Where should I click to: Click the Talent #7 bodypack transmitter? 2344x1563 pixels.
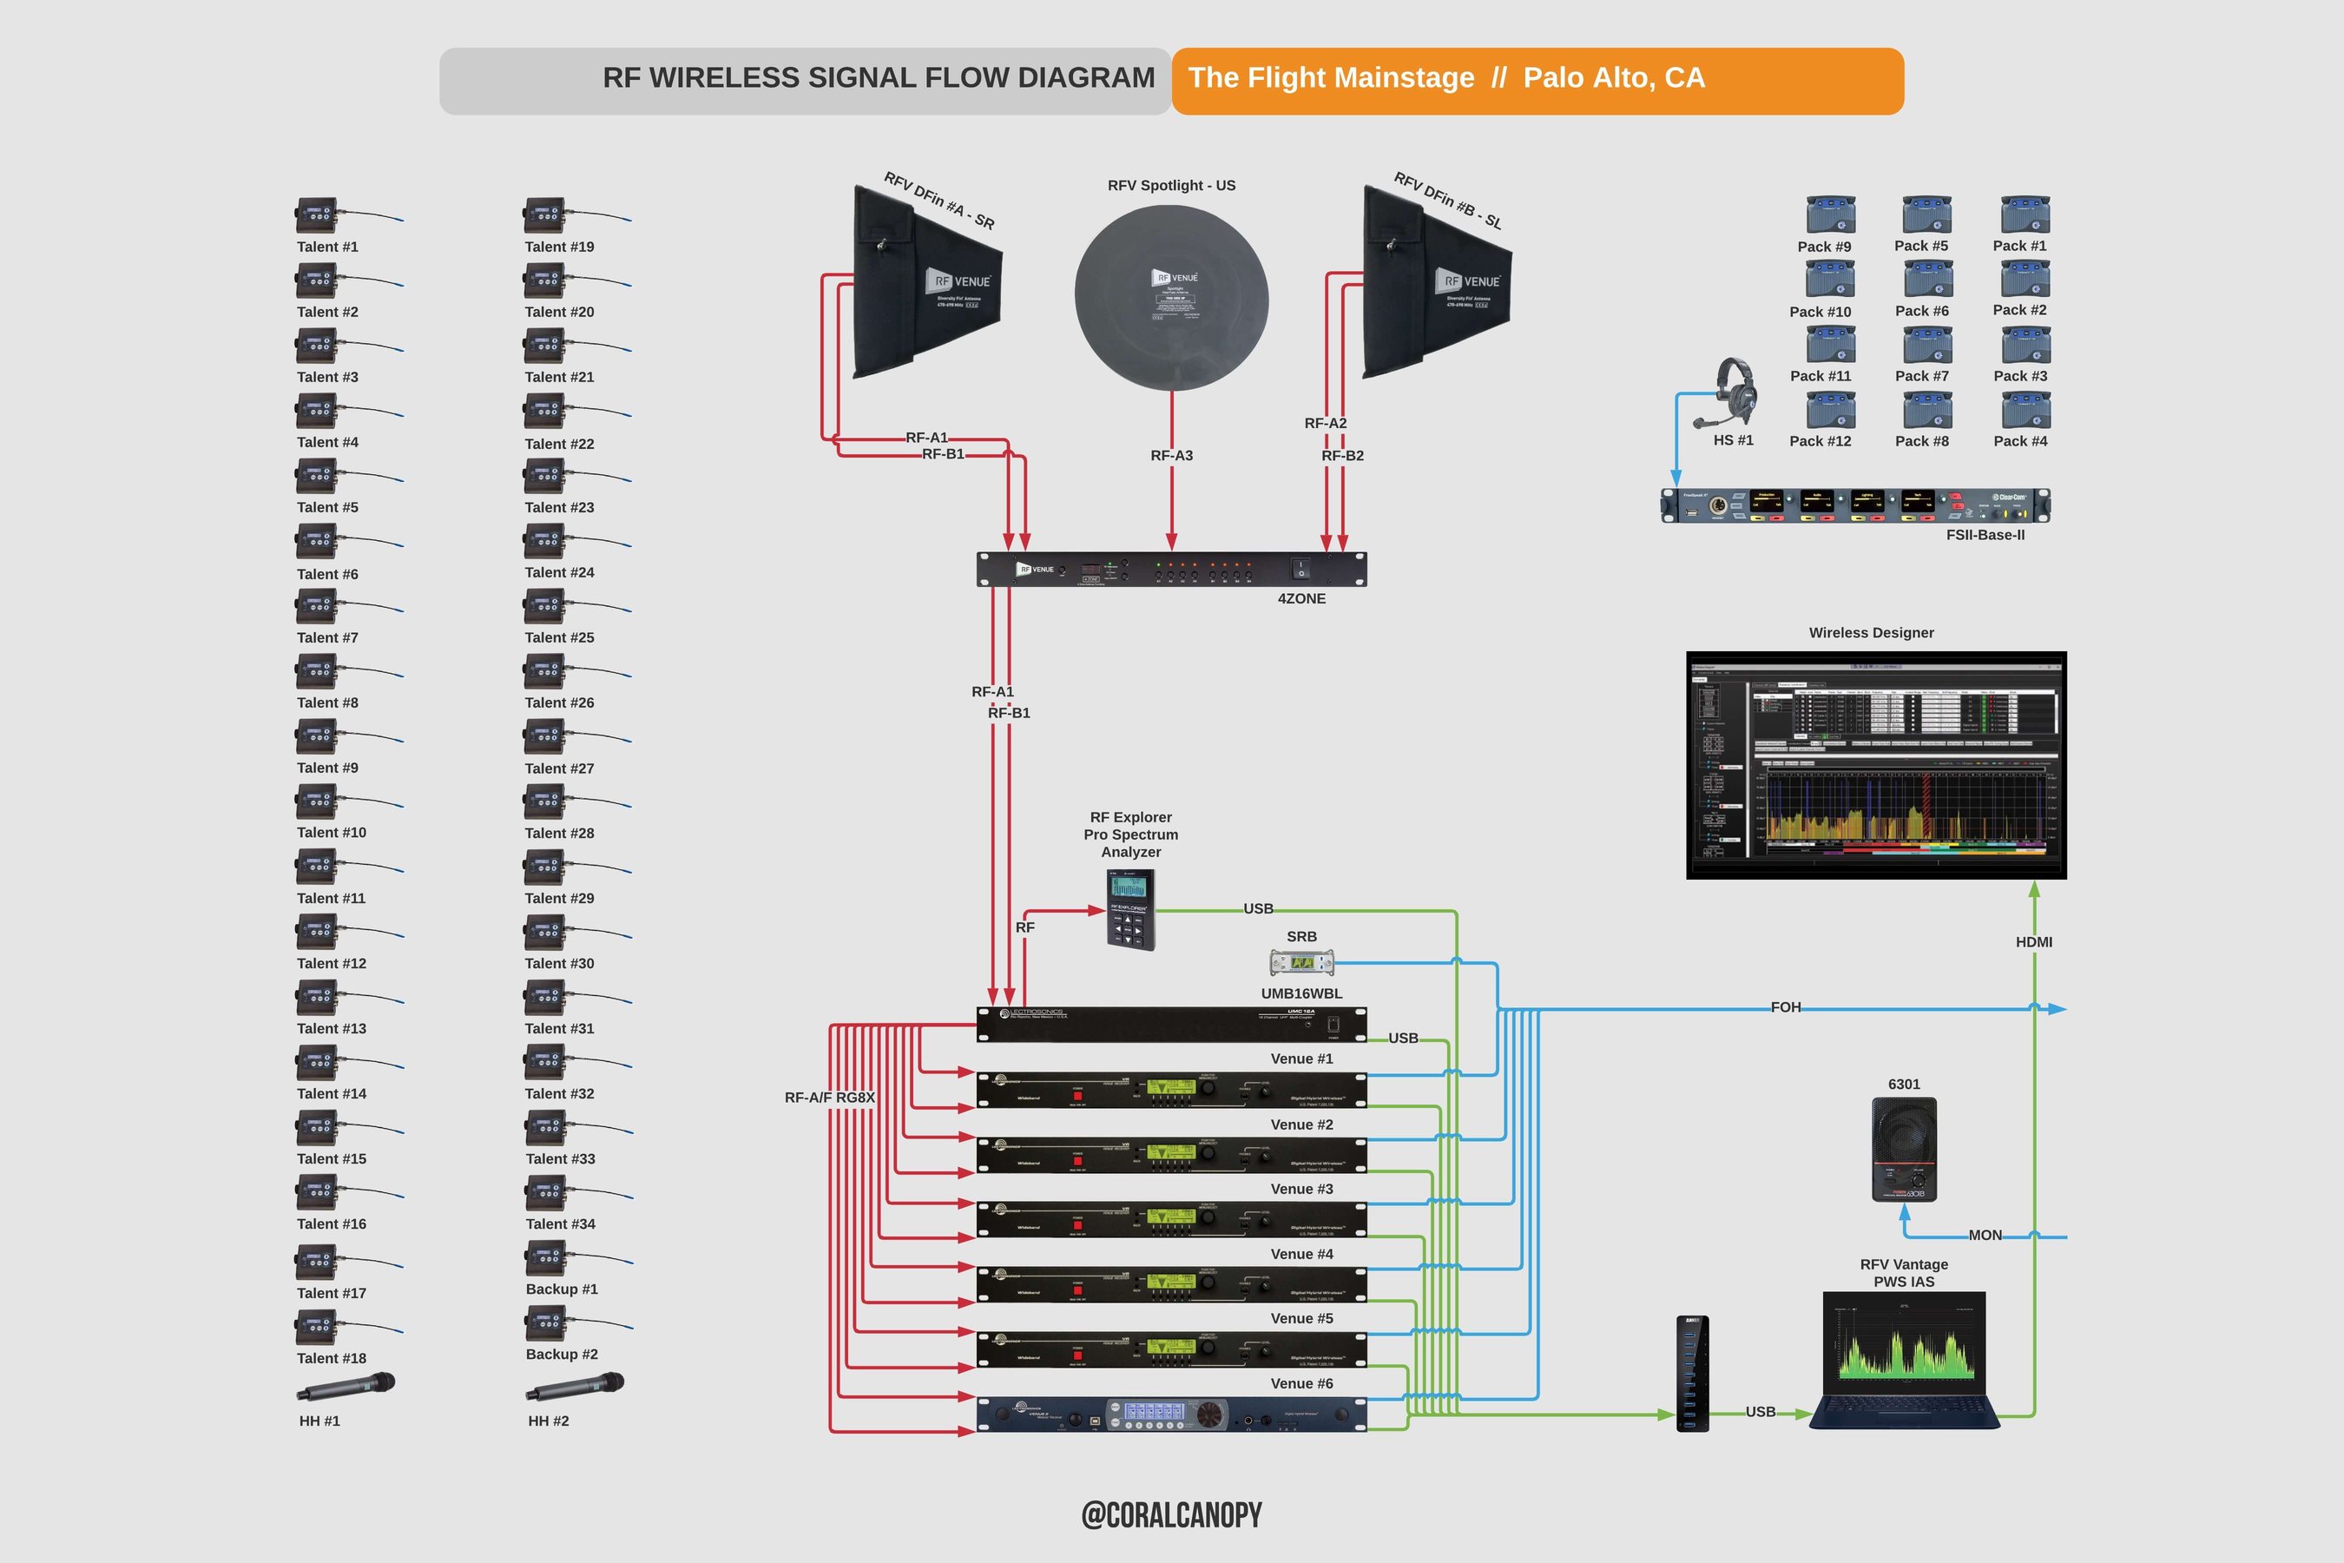317,606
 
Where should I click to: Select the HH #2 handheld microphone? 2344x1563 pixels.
574,1387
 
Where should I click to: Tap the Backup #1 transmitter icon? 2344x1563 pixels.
545,1258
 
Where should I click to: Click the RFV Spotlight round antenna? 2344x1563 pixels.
1171,296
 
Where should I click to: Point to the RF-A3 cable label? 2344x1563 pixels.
1171,456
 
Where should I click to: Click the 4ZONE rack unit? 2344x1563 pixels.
1171,569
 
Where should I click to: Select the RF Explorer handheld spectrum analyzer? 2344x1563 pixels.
1131,909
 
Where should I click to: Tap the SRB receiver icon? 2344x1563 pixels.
1301,963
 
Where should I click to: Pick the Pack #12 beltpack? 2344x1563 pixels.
1831,410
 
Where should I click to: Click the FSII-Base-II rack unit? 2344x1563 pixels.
1854,505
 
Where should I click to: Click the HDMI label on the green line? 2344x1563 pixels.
2033,942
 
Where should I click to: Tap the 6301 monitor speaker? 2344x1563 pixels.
1904,1150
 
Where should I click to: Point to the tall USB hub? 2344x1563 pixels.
1692,1373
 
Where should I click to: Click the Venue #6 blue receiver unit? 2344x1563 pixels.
1171,1415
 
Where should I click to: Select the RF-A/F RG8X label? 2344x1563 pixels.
829,1098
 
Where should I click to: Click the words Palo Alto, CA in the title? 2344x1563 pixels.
1614,78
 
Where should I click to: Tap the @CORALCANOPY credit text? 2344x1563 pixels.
1171,1515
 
